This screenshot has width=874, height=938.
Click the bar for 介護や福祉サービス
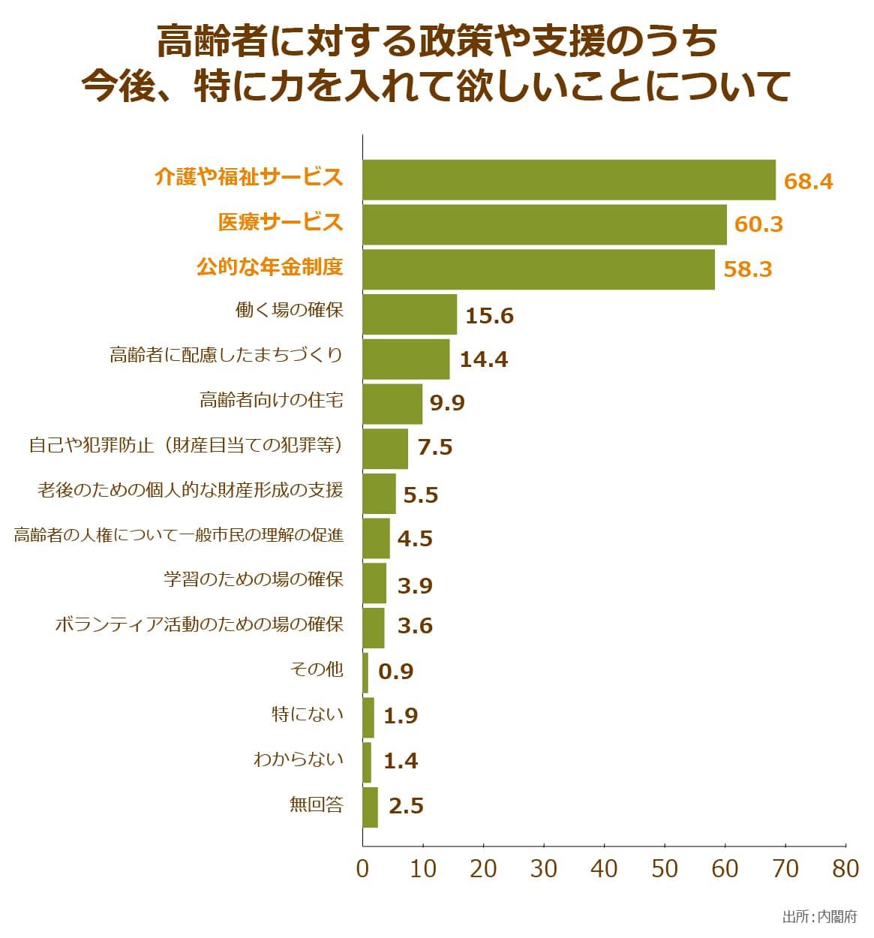tap(569, 180)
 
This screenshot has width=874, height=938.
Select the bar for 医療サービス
tap(545, 224)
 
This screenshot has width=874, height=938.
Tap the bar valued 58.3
tap(539, 269)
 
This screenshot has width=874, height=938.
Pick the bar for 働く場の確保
tap(410, 314)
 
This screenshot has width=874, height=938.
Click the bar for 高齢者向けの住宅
tap(392, 404)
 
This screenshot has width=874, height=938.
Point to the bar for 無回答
tap(371, 807)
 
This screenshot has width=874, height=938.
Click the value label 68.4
tap(808, 182)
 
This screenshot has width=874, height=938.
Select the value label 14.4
tap(483, 359)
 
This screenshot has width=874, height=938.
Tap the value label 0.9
tap(396, 672)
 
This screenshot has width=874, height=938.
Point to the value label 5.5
tap(420, 495)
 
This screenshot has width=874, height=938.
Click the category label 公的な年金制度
tap(269, 267)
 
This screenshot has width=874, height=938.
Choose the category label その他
tap(316, 669)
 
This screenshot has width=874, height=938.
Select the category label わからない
tap(298, 759)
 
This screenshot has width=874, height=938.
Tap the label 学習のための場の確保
tap(254, 579)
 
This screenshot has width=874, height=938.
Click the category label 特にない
tap(307, 714)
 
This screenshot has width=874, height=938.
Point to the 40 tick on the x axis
tap(604, 869)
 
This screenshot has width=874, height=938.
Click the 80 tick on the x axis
tap(845, 869)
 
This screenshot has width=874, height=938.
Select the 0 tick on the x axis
tap(363, 869)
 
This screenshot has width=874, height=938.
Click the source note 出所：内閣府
tap(819, 917)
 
